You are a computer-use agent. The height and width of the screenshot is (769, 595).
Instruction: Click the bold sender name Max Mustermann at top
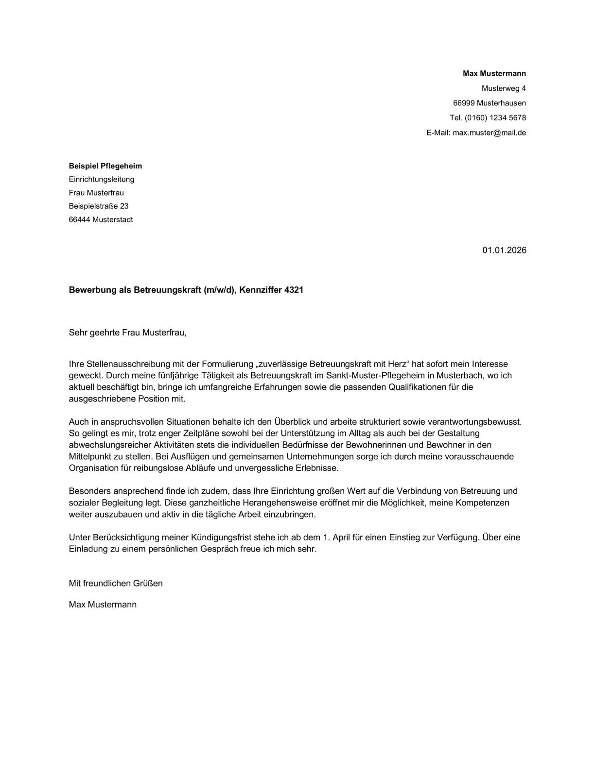click(494, 74)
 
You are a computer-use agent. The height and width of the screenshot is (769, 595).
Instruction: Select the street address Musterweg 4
click(504, 88)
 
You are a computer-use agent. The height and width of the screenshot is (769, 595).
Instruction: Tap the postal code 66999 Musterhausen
click(489, 103)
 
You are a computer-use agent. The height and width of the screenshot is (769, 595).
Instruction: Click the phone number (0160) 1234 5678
click(495, 117)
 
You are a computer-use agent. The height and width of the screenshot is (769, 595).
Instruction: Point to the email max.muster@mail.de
click(489, 133)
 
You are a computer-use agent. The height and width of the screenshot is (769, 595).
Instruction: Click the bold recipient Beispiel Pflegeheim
click(105, 166)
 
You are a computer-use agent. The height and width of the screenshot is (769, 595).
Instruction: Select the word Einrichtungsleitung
click(102, 179)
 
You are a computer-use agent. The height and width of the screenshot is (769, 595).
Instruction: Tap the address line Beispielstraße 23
click(99, 206)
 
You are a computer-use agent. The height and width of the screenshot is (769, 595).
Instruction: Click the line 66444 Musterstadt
click(101, 219)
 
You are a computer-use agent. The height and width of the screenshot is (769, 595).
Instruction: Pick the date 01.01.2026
click(504, 251)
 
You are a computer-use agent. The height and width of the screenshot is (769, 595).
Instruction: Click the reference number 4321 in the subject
click(294, 290)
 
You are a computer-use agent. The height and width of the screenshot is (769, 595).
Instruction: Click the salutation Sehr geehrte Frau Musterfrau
click(127, 333)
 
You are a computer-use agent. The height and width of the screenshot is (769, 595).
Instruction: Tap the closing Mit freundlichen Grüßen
click(116, 583)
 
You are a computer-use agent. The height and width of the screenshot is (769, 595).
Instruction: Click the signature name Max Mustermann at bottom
click(103, 604)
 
